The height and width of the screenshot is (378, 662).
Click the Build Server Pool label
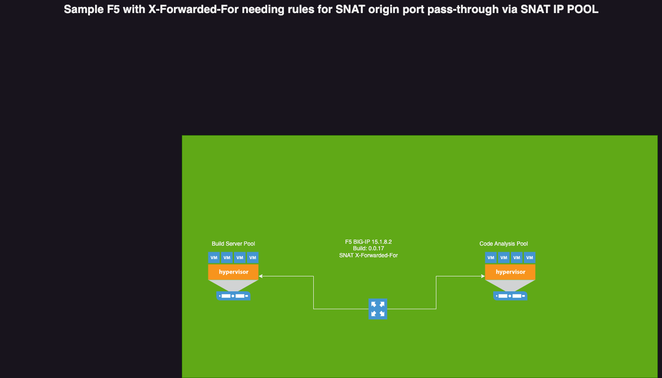pos(233,244)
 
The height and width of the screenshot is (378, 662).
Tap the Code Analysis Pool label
pos(503,244)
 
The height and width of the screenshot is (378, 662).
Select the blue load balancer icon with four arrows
pos(378,309)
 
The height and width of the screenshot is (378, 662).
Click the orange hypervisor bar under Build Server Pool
pos(233,272)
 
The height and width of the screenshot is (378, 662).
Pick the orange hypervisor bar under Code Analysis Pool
pos(510,272)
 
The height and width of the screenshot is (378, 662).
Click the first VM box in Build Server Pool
pos(214,257)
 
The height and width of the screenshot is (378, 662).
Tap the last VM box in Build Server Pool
pos(253,257)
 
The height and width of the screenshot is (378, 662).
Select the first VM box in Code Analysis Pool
pos(491,257)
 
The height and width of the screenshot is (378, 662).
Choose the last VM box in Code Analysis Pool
pos(530,257)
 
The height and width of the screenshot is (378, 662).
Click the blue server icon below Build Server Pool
pos(233,296)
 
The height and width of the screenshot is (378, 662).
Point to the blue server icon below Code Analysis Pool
pos(510,296)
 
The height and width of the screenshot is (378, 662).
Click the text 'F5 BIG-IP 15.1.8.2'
pos(368,242)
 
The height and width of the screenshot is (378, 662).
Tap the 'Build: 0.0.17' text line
pos(368,248)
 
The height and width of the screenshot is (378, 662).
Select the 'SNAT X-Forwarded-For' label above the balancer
pos(368,255)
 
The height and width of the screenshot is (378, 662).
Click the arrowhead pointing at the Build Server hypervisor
pos(261,276)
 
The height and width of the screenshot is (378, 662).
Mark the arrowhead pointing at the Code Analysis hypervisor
pos(483,276)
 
